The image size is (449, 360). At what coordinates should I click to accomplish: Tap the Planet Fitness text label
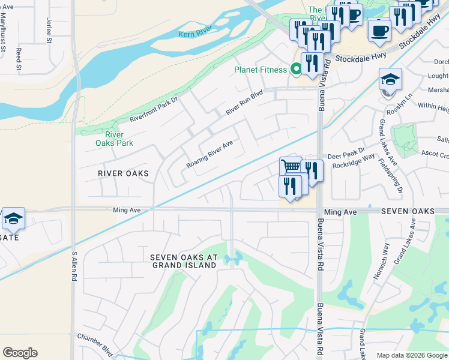(261, 70)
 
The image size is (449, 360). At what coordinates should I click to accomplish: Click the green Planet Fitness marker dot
(295, 70)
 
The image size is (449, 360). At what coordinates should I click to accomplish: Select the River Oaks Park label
(114, 139)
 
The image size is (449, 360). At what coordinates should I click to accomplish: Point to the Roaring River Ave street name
(209, 154)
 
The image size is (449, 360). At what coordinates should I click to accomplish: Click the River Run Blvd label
(244, 103)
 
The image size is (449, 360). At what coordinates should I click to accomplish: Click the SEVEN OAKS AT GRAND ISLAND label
(184, 260)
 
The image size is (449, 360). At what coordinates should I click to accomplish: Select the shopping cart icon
(291, 166)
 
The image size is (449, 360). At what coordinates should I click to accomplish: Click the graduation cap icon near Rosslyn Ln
(390, 79)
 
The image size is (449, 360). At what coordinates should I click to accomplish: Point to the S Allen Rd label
(75, 267)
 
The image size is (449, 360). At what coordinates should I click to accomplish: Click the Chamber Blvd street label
(95, 337)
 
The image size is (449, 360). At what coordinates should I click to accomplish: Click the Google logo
(20, 353)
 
